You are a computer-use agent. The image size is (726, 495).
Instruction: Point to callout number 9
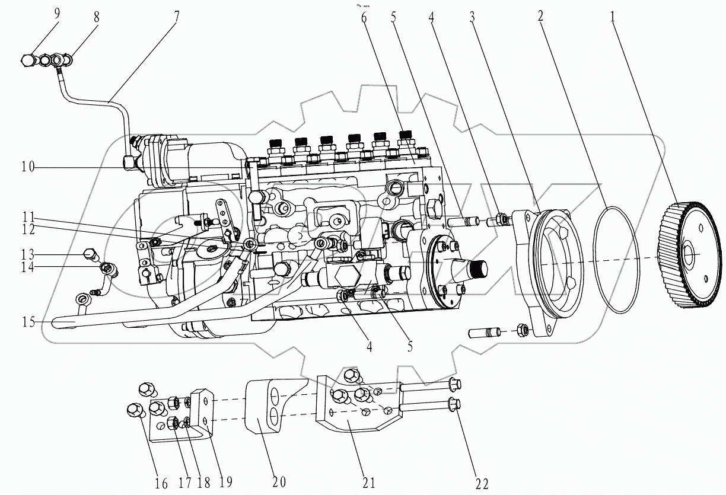coord(57,13)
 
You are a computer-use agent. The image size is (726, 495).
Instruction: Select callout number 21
coord(368,483)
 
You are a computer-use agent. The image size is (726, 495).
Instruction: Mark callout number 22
coord(482,484)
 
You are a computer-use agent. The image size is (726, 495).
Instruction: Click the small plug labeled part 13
coord(91,255)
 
